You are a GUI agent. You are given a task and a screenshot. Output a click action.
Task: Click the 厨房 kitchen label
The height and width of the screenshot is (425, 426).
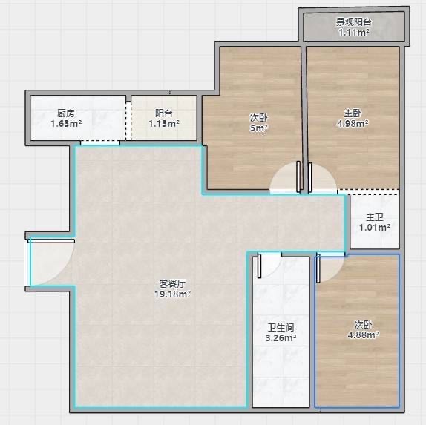(x=66, y=113)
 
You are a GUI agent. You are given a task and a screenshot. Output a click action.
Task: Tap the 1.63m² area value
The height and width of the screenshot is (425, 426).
(x=66, y=124)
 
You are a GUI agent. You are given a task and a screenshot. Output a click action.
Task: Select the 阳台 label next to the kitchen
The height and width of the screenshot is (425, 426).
(x=164, y=113)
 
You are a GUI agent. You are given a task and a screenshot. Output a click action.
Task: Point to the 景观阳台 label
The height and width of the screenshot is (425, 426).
(x=354, y=22)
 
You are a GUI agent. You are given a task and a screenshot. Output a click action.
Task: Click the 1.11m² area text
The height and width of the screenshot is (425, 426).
(x=354, y=33)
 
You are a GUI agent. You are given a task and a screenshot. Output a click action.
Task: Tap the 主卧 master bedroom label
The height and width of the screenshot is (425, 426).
(x=353, y=113)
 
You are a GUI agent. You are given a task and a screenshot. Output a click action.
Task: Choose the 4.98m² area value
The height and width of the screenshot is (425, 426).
(x=353, y=124)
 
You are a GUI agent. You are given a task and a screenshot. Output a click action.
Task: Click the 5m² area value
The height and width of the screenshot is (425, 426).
(x=259, y=128)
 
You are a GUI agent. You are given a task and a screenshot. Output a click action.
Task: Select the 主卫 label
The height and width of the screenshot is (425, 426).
(x=375, y=217)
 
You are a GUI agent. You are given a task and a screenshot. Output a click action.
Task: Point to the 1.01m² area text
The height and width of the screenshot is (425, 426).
(x=375, y=228)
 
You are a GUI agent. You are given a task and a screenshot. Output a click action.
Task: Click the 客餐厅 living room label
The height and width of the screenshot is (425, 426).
(x=172, y=284)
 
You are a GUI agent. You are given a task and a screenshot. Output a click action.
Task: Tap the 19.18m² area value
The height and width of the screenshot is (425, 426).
(x=172, y=294)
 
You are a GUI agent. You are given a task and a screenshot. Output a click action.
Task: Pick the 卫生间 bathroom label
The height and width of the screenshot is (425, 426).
(x=281, y=328)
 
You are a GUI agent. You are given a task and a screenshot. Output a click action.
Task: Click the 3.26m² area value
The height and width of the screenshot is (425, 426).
(x=281, y=338)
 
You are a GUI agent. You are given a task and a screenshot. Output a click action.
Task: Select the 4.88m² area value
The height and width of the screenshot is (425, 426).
(x=364, y=335)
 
